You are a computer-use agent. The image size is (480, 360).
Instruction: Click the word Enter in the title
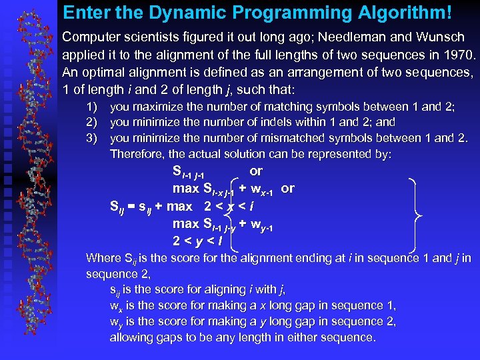tap(84, 13)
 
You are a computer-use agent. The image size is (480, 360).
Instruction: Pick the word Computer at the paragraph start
tap(89, 39)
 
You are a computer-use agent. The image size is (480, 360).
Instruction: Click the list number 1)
tap(93, 106)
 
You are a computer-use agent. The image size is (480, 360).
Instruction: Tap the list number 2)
tap(93, 122)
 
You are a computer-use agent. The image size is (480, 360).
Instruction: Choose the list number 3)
tap(93, 138)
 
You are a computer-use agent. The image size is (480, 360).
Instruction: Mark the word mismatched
tap(317, 138)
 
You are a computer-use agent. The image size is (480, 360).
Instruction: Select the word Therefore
tap(136, 154)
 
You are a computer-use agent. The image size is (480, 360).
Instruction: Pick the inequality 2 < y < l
tap(197, 240)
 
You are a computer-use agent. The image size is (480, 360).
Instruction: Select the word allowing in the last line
tap(131, 337)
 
